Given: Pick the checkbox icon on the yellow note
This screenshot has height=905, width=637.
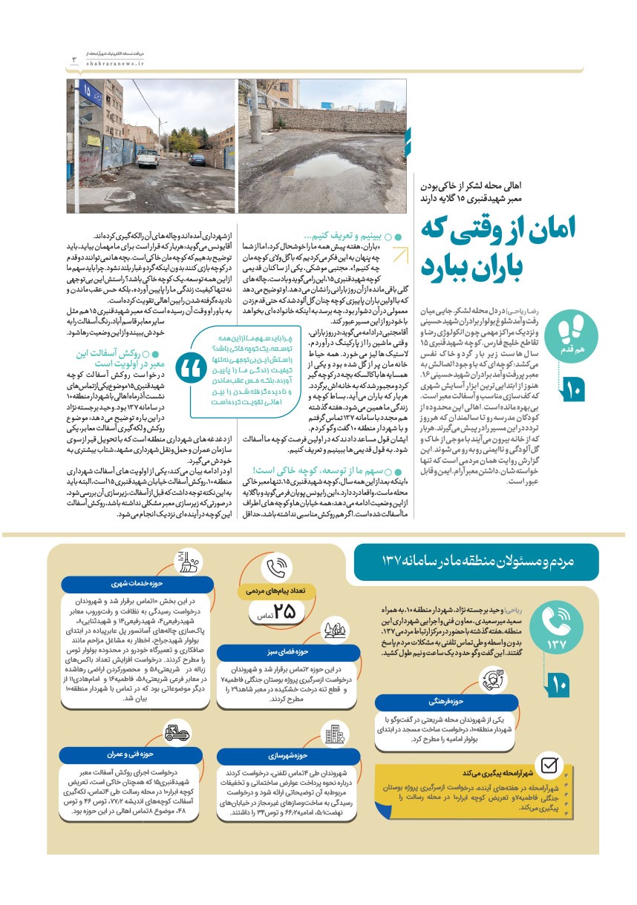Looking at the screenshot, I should click(549, 766).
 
